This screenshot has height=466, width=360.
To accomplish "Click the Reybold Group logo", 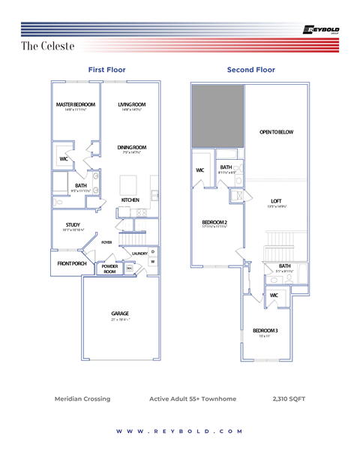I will (320, 30).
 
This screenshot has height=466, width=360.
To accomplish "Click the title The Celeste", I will (48, 47).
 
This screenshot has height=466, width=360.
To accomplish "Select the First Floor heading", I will (106, 70).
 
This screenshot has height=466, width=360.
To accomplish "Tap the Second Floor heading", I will (250, 70).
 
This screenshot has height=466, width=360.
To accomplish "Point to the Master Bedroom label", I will (76, 104).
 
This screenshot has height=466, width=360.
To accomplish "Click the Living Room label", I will (132, 104).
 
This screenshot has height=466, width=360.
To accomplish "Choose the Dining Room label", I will (132, 147).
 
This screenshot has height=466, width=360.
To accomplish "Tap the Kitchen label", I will (131, 200).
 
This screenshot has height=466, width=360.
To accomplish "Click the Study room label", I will (73, 224).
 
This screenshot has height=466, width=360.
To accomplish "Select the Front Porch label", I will (72, 263).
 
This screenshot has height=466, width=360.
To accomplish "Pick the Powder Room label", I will (109, 268).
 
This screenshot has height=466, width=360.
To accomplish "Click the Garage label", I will (120, 314).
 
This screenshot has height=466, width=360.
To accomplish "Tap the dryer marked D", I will (152, 251).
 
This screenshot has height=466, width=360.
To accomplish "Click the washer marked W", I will (152, 262).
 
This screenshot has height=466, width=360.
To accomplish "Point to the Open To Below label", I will (276, 132).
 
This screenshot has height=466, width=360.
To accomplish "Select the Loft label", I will (276, 201).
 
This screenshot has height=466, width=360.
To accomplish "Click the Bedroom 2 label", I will (214, 221).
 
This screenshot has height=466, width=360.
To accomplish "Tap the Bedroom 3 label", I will (265, 331).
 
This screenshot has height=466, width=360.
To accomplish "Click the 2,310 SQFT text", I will (289, 398).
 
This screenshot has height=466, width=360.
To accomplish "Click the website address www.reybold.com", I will (180, 431).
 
